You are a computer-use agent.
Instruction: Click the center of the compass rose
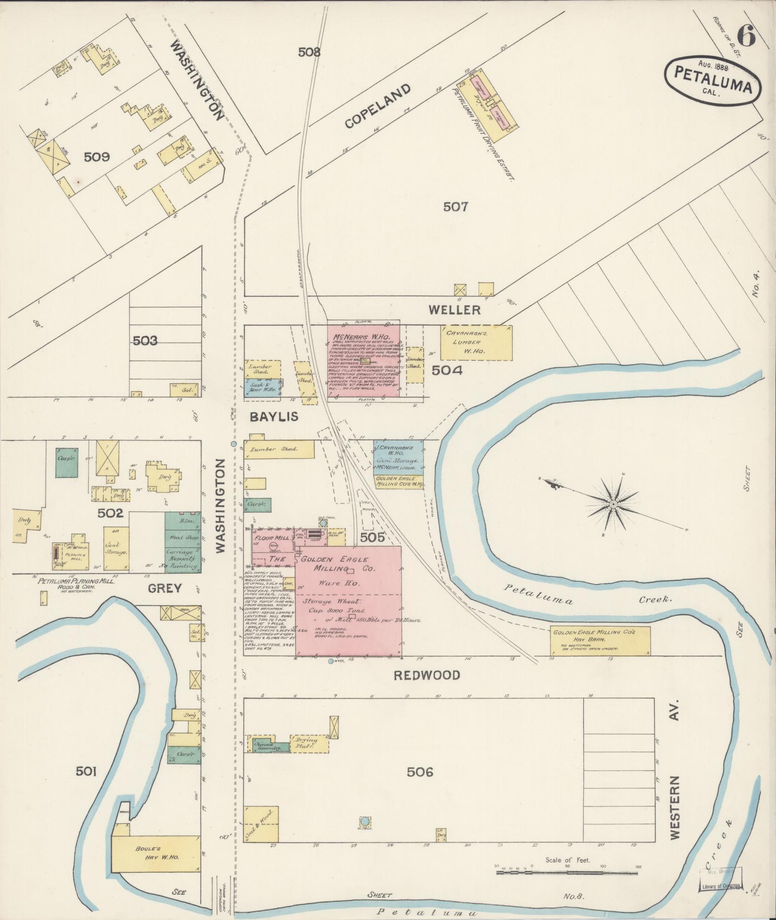coord(613,504)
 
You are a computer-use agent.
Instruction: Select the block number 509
coord(97,157)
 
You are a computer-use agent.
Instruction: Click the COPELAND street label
coord(378,106)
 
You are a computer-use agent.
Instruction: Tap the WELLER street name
coord(455,310)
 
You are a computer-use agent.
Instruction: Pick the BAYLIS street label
coord(274,417)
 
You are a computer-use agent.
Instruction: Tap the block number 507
coord(455,207)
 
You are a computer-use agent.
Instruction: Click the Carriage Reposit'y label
coord(182,559)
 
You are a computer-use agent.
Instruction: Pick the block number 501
coord(87,772)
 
